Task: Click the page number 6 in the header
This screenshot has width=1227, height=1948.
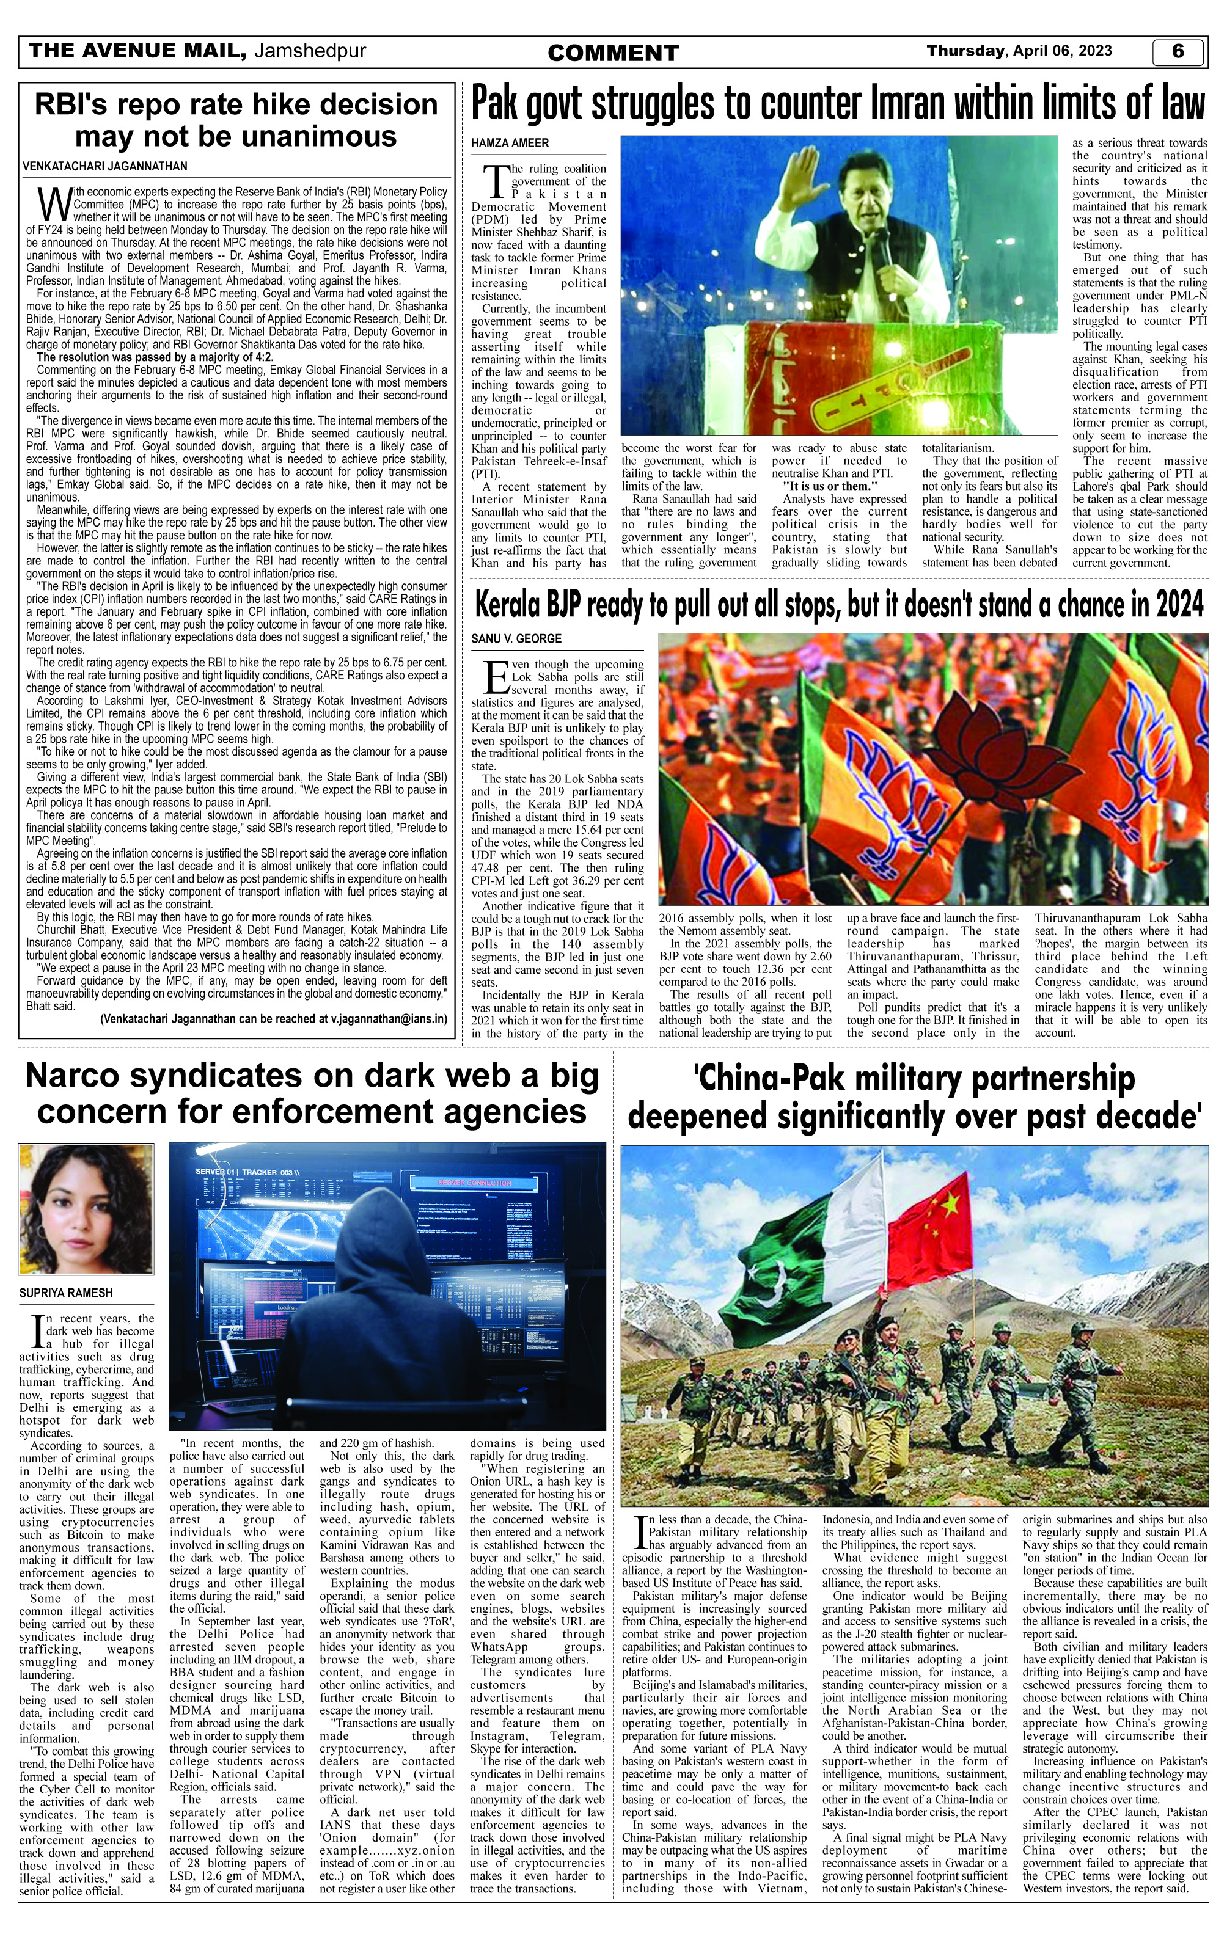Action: pos(1178,51)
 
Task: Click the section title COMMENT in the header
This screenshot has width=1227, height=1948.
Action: pos(613,53)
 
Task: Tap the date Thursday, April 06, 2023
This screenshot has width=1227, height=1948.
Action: pos(1019,51)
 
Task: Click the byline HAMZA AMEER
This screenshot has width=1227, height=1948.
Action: pos(510,143)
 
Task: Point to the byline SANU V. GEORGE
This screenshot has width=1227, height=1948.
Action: pos(516,639)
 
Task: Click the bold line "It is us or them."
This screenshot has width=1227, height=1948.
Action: pos(830,486)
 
